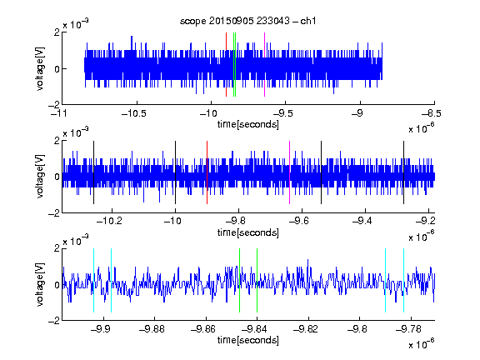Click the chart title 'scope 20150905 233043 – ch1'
point(248,21)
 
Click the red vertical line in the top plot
point(226,65)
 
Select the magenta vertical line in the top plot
point(264,65)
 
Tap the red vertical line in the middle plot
point(207,172)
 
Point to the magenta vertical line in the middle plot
point(290,172)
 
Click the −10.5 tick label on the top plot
point(134,113)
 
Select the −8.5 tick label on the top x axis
point(432,113)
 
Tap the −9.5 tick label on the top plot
point(282,113)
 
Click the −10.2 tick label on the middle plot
point(109,220)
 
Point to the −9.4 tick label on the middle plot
point(362,220)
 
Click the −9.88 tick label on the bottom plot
point(152,329)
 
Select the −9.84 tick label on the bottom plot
point(254,329)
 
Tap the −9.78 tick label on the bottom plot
point(408,329)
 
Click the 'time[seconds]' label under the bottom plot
point(248,340)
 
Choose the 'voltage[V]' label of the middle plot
point(40,177)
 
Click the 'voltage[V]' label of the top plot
point(40,68)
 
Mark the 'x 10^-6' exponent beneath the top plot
point(422,127)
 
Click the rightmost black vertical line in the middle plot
point(403,172)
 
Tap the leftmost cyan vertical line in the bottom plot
point(93,280)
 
